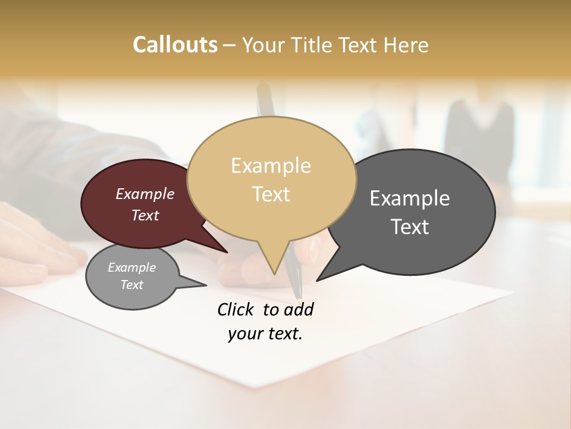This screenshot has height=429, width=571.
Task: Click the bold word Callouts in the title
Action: pyautogui.click(x=175, y=45)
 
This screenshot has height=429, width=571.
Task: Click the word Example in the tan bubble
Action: pyautogui.click(x=271, y=166)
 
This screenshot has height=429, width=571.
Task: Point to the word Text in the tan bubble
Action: pyautogui.click(x=271, y=194)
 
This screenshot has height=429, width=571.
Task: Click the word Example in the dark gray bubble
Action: pyautogui.click(x=410, y=198)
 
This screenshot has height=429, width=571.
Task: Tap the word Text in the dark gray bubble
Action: pyautogui.click(x=410, y=227)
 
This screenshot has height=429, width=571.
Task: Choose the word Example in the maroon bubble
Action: pyautogui.click(x=145, y=194)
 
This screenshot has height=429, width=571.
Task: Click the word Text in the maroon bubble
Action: pyautogui.click(x=145, y=215)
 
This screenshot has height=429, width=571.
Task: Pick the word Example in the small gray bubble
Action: pyautogui.click(x=131, y=268)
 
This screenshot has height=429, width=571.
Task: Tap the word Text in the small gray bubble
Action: pyautogui.click(x=131, y=285)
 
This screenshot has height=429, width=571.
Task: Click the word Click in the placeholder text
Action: pyautogui.click(x=235, y=309)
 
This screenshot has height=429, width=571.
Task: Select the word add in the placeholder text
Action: pyautogui.click(x=299, y=309)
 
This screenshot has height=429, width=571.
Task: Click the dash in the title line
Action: pyautogui.click(x=230, y=45)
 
